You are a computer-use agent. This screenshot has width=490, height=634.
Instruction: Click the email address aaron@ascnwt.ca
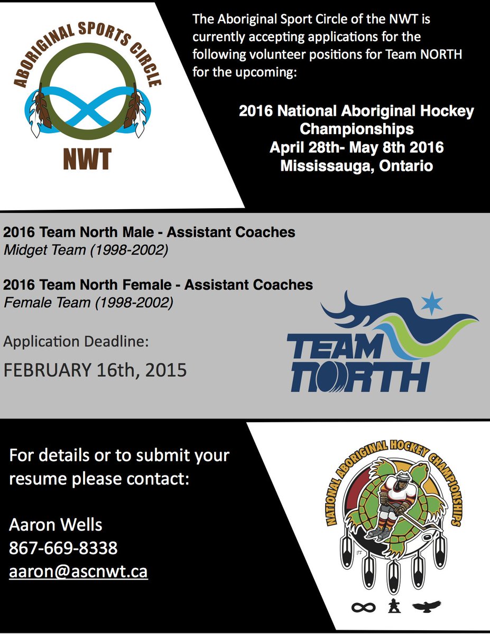pyautogui.click(x=78, y=572)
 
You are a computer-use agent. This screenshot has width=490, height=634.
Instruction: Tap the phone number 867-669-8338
pyautogui.click(x=63, y=548)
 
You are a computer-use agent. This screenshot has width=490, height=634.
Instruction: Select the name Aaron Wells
pyautogui.click(x=56, y=525)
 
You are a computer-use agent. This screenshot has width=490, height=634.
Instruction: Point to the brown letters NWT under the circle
pyautogui.click(x=87, y=159)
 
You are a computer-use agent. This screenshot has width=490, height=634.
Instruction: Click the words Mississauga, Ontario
pyautogui.click(x=357, y=165)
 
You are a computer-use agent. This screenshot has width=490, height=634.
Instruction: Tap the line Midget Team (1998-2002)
pyautogui.click(x=86, y=250)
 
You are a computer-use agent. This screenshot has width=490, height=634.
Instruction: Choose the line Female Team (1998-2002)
pyautogui.click(x=88, y=303)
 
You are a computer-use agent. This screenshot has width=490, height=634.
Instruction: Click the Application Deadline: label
pyautogui.click(x=77, y=342)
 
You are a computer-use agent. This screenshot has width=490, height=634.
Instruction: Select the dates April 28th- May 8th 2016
pyautogui.click(x=357, y=147)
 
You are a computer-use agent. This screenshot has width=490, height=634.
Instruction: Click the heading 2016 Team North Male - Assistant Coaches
pyautogui.click(x=149, y=232)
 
